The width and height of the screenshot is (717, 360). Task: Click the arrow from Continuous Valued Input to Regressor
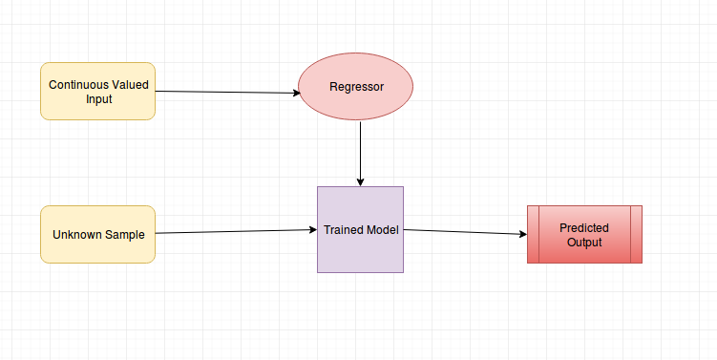click(x=227, y=92)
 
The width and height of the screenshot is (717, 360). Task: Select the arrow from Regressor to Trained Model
click(x=360, y=153)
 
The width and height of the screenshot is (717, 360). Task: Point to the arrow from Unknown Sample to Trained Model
click(x=235, y=231)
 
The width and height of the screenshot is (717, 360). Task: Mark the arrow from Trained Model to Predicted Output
click(x=464, y=232)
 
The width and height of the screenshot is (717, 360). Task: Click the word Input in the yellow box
click(x=98, y=98)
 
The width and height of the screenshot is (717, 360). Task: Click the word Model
click(x=382, y=230)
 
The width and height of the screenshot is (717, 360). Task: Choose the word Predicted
click(x=584, y=228)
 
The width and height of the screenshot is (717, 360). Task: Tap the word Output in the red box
click(x=584, y=243)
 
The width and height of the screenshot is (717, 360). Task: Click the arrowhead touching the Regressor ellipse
click(x=295, y=93)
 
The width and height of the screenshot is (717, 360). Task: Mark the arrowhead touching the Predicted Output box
click(x=521, y=235)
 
